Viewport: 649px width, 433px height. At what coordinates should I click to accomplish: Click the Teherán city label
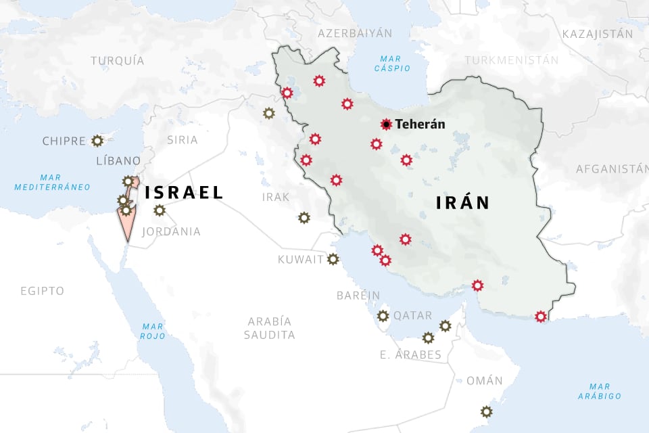click(420, 124)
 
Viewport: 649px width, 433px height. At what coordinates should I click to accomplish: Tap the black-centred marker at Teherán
click(386, 124)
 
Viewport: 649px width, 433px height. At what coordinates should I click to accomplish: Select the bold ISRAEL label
click(184, 193)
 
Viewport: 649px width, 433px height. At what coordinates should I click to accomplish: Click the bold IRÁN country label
click(462, 202)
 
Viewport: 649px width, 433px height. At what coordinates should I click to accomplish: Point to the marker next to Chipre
click(97, 141)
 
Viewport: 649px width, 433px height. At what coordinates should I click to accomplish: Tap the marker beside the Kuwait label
click(333, 259)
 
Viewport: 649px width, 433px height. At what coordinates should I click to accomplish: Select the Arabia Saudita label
click(270, 328)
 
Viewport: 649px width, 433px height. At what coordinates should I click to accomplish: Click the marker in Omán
click(486, 411)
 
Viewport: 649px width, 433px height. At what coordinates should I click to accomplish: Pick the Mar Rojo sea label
click(153, 331)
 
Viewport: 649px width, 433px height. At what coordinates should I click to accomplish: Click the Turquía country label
click(118, 61)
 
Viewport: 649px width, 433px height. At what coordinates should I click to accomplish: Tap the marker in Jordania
click(159, 210)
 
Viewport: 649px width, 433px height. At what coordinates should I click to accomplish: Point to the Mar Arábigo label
click(600, 391)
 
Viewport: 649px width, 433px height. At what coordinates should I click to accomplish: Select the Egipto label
click(42, 291)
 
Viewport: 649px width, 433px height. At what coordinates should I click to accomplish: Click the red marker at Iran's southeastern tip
click(540, 316)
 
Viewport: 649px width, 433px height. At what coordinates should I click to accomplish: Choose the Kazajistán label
click(597, 34)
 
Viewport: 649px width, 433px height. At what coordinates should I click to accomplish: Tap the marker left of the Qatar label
click(383, 315)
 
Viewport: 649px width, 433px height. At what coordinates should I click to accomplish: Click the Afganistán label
click(611, 169)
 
